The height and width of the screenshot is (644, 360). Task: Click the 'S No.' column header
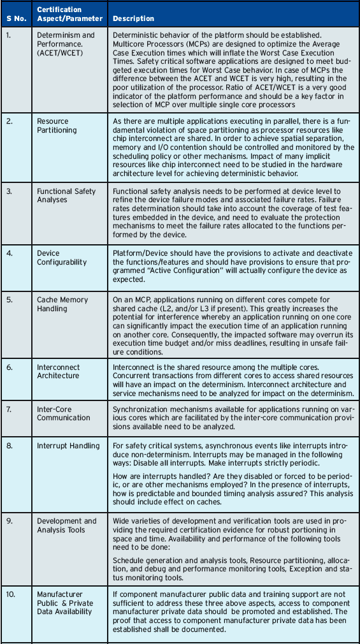15,18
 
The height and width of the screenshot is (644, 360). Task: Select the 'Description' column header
133,18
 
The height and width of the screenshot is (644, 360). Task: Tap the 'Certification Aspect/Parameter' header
59,14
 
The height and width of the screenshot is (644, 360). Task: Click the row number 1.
8,34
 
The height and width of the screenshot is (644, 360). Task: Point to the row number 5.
8,299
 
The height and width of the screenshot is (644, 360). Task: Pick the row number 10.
10,594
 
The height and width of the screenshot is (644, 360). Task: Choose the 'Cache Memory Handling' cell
62,304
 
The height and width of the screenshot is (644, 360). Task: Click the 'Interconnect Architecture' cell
58,371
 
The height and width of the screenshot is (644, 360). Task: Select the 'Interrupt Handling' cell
68,445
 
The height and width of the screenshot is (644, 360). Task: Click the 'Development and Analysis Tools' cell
67,525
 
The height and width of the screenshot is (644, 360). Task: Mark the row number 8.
8,445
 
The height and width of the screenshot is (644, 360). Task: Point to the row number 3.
8,191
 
